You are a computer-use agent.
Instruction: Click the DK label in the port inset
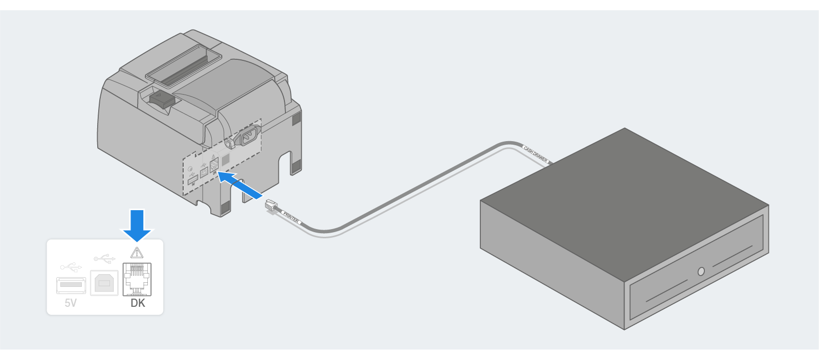(x=138, y=303)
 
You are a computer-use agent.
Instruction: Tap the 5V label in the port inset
(x=71, y=303)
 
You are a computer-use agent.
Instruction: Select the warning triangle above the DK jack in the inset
(x=137, y=253)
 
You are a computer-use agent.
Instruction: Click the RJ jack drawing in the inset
(x=137, y=279)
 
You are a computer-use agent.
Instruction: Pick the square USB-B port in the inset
(x=104, y=283)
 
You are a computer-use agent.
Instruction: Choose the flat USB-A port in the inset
(x=71, y=284)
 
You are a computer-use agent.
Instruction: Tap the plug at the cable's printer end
(x=271, y=206)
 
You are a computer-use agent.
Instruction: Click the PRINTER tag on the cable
(x=291, y=217)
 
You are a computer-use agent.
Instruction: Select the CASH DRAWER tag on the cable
(x=536, y=154)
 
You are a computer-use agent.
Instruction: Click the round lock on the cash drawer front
(x=701, y=271)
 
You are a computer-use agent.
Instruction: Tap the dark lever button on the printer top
(x=160, y=99)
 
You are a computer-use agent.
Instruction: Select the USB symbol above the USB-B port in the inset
(x=104, y=258)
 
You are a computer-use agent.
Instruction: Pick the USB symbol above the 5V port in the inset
(x=71, y=267)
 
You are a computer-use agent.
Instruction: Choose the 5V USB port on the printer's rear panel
(x=193, y=180)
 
